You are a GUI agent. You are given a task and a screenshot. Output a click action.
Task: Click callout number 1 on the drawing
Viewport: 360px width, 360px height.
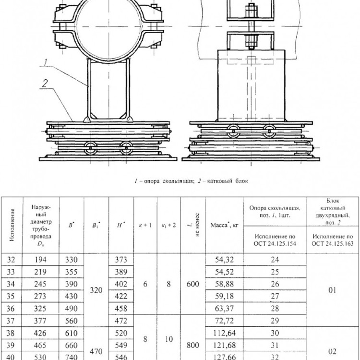(46, 62)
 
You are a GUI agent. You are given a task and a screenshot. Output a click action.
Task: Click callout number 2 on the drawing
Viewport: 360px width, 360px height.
(45, 83)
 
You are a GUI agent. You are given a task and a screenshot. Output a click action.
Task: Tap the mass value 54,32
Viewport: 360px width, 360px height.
(224, 260)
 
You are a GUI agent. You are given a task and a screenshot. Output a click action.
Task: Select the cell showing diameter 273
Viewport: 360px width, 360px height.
(40, 296)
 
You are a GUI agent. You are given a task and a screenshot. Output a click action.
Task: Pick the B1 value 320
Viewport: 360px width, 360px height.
(96, 290)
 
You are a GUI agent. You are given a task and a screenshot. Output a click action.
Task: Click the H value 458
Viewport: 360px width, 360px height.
(121, 308)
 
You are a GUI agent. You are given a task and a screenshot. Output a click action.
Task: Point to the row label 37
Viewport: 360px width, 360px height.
(11, 321)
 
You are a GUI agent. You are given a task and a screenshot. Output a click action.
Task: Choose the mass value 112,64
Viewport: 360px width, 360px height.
(224, 333)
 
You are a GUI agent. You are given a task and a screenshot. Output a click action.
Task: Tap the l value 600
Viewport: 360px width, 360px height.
(192, 284)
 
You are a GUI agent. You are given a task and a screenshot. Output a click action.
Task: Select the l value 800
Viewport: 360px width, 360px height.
(192, 345)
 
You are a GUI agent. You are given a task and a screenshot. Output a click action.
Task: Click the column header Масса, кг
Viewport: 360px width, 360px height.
(224, 225)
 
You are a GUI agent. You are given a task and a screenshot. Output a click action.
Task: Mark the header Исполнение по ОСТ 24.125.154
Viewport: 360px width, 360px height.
(275, 240)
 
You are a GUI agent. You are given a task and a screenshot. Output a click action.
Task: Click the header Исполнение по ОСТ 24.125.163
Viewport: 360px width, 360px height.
(333, 240)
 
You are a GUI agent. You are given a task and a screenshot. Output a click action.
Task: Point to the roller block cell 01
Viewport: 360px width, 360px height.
(332, 290)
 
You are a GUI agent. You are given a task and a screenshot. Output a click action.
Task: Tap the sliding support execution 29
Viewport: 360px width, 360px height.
(275, 321)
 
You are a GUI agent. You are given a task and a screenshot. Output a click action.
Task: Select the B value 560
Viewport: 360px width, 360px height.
(71, 321)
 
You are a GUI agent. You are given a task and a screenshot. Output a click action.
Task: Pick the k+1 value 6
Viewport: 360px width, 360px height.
(145, 284)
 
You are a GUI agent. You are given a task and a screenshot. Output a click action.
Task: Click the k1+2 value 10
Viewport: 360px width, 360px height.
(169, 339)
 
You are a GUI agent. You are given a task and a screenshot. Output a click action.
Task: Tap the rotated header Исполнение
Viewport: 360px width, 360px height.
(12, 225)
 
